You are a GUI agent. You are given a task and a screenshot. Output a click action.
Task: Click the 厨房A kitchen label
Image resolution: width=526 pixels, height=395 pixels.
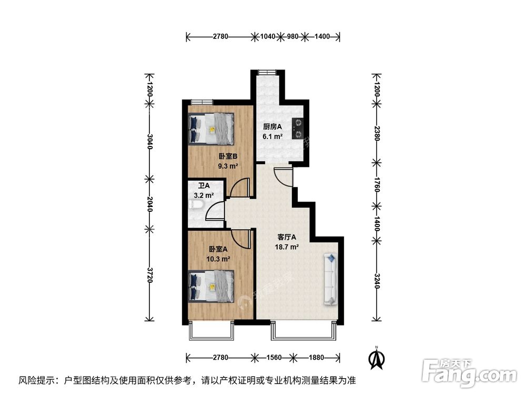tap(272, 127)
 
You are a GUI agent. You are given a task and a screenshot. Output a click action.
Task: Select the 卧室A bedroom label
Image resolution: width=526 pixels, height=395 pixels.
tap(218, 250)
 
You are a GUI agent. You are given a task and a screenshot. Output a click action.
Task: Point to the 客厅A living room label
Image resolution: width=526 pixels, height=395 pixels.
tap(287, 237)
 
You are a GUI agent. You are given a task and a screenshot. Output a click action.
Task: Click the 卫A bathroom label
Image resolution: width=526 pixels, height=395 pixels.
tap(204, 186)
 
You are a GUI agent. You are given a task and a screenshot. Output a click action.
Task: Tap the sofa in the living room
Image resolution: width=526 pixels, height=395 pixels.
tap(331, 279)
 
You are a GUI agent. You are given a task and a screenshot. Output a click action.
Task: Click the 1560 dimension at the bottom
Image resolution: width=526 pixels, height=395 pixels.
tap(273, 358)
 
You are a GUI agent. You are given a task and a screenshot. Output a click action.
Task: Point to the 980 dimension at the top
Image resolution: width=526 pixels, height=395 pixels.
tap(293, 36)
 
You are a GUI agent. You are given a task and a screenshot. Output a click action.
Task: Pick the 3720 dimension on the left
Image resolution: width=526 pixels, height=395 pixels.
tap(150, 275)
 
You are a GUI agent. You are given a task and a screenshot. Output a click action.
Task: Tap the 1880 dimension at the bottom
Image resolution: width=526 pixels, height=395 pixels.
tap(316, 358)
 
